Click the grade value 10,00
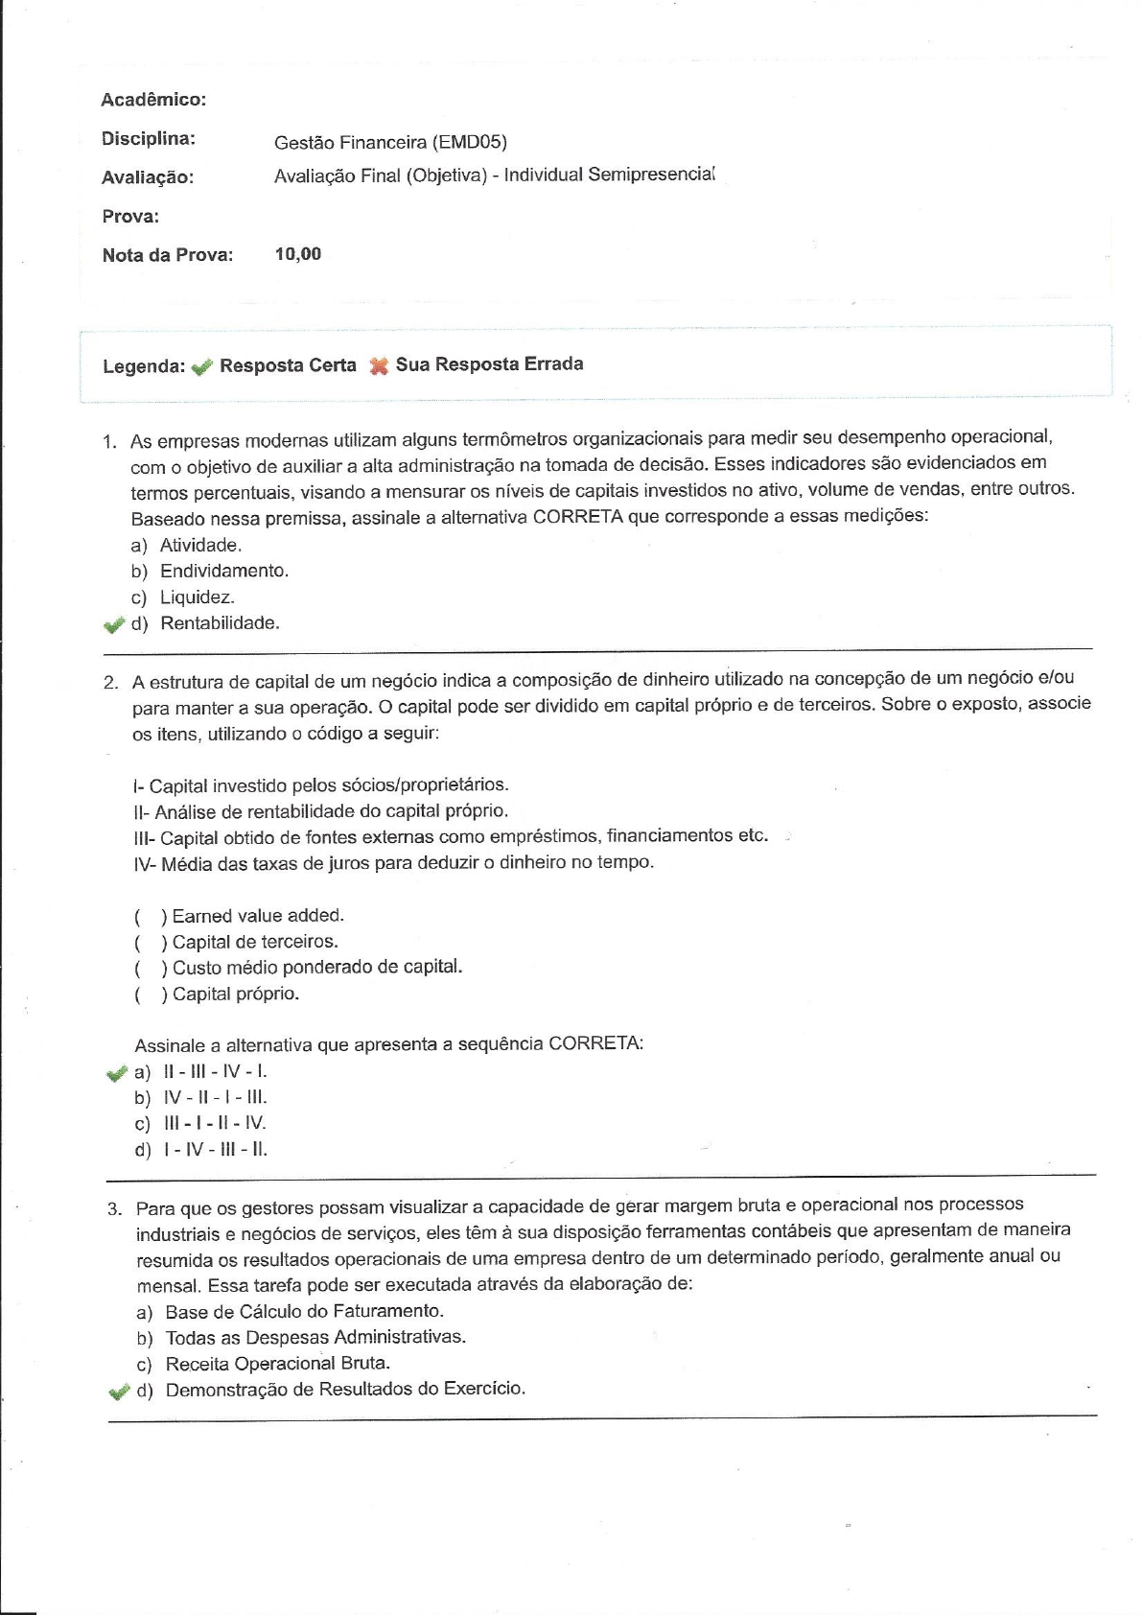[x=297, y=254]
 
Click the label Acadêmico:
[x=153, y=100]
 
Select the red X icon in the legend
[x=379, y=365]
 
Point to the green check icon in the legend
[x=201, y=366]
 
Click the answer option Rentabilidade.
[x=220, y=623]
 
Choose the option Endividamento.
[x=223, y=572]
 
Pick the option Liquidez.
[x=197, y=597]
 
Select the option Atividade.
[x=200, y=546]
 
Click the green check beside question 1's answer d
[x=114, y=625]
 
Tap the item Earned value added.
[x=257, y=916]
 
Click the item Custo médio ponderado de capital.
[x=316, y=968]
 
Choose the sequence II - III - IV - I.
[x=215, y=1072]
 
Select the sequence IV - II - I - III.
[x=215, y=1098]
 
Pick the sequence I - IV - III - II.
[x=215, y=1150]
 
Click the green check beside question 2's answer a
[x=117, y=1073]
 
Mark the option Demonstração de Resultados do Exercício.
[x=345, y=1390]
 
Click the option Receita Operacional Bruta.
[x=277, y=1364]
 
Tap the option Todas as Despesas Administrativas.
[x=315, y=1338]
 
